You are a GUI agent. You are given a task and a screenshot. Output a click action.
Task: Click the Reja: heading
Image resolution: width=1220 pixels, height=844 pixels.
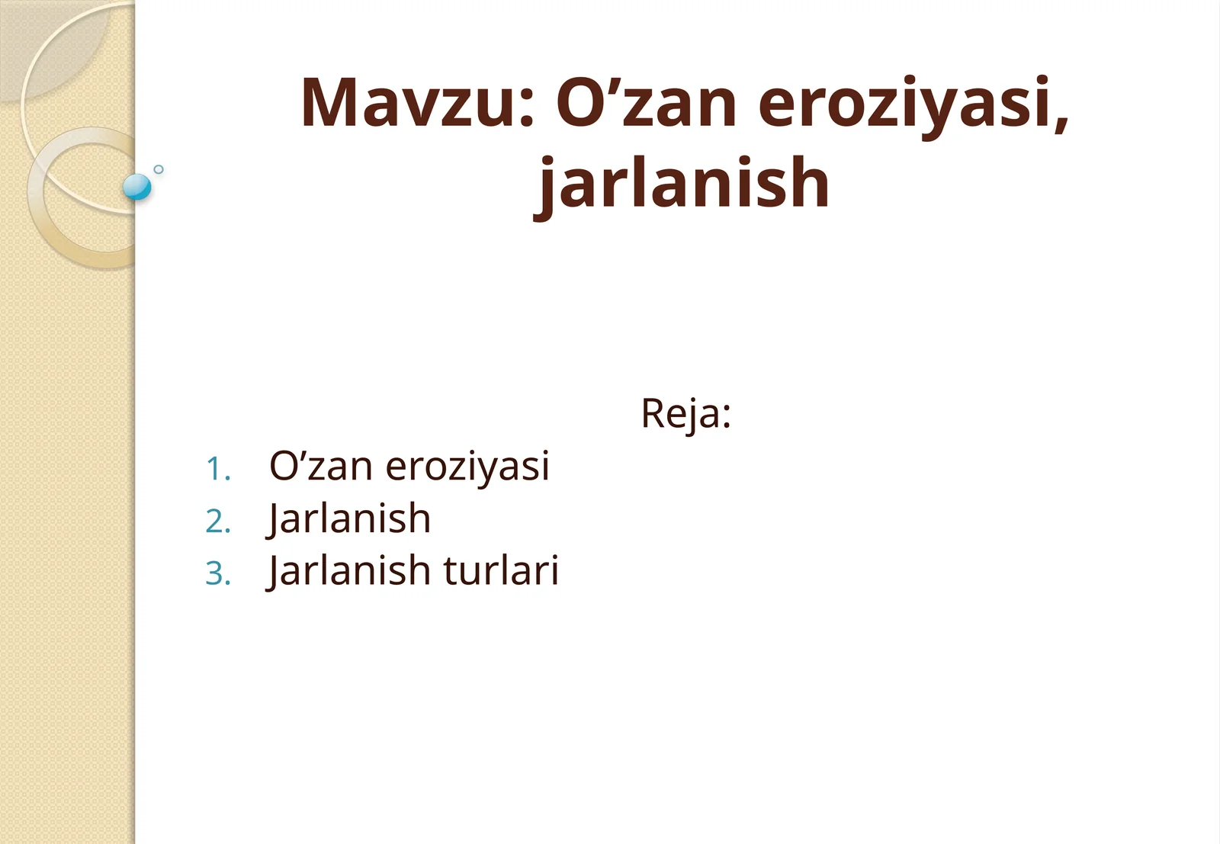[x=685, y=414]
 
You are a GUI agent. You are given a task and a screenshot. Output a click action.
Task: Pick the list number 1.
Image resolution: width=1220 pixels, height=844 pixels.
[x=217, y=469]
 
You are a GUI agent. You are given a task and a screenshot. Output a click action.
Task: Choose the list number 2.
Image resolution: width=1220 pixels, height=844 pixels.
[x=217, y=521]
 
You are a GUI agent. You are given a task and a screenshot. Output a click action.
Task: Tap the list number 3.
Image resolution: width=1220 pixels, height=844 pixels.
[x=217, y=573]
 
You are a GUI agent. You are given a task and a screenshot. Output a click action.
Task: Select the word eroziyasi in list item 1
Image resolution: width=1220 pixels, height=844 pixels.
[x=467, y=467]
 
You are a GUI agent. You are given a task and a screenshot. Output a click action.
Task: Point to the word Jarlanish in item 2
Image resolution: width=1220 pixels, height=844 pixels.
[x=349, y=519]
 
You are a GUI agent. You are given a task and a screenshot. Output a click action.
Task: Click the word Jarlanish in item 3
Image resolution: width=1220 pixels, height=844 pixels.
[x=349, y=571]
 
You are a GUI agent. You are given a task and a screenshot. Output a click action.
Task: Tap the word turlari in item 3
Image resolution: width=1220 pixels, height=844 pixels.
[x=501, y=570]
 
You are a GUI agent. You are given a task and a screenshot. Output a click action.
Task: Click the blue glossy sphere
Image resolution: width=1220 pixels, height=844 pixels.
[x=137, y=186]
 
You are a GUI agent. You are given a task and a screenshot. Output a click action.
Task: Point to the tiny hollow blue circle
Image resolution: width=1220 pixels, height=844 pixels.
[x=159, y=169]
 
